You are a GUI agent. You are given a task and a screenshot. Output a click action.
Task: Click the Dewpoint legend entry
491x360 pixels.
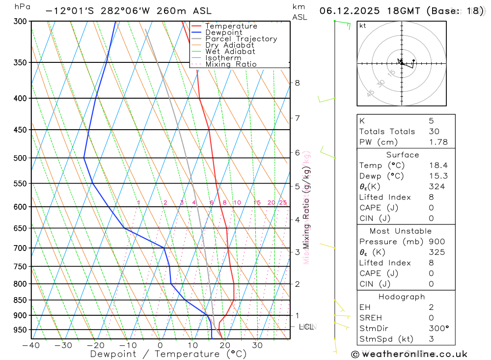pyautogui.click(x=223, y=32)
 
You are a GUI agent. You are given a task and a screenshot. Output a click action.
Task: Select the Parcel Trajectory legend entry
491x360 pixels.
pyautogui.click(x=241, y=39)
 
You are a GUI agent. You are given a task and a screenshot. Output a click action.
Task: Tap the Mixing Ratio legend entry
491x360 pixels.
pyautogui.click(x=231, y=64)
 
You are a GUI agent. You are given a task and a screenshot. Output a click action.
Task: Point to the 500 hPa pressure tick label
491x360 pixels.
pyautogui.click(x=19, y=158)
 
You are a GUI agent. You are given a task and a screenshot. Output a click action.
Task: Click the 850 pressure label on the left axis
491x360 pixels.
pyautogui.click(x=19, y=300)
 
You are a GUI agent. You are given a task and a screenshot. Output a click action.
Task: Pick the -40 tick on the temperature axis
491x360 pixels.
pyautogui.click(x=31, y=345)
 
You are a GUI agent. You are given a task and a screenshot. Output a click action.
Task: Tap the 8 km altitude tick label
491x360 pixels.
pyautogui.click(x=297, y=83)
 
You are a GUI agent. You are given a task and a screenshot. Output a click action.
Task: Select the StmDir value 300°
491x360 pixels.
pyautogui.click(x=438, y=328)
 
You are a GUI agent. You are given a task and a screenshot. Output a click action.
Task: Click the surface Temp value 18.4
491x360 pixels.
pyautogui.click(x=438, y=166)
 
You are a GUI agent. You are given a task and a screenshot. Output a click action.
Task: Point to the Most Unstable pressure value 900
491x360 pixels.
pyautogui.click(x=436, y=242)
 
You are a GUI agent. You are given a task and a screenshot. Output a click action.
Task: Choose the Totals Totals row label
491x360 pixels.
pyautogui.click(x=387, y=131)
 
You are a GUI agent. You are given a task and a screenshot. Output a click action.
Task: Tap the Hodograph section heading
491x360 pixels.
pyautogui.click(x=402, y=297)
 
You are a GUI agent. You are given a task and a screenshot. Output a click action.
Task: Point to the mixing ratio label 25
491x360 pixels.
pyautogui.click(x=283, y=203)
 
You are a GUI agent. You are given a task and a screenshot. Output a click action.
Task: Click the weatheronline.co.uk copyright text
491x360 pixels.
pyautogui.click(x=409, y=354)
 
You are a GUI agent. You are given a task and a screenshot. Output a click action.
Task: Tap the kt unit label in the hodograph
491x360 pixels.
pyautogui.click(x=363, y=26)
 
